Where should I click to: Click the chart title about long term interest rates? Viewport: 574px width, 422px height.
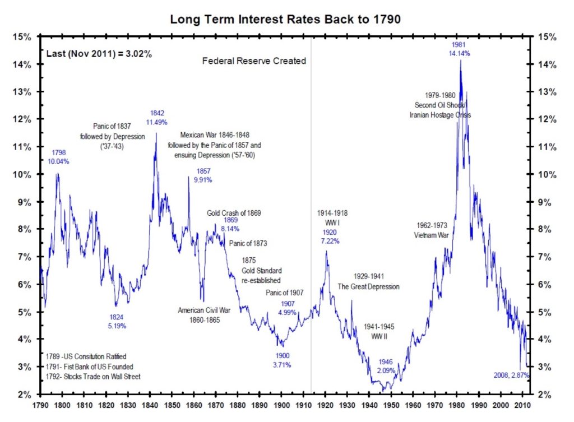[286, 20]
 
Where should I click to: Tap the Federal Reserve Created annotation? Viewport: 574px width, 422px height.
[254, 61]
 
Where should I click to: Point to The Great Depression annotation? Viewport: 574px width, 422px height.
[368, 286]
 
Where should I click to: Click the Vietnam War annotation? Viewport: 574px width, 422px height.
[431, 235]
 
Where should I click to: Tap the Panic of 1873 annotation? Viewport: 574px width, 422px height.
[248, 244]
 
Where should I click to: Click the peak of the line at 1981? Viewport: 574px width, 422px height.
[460, 61]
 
